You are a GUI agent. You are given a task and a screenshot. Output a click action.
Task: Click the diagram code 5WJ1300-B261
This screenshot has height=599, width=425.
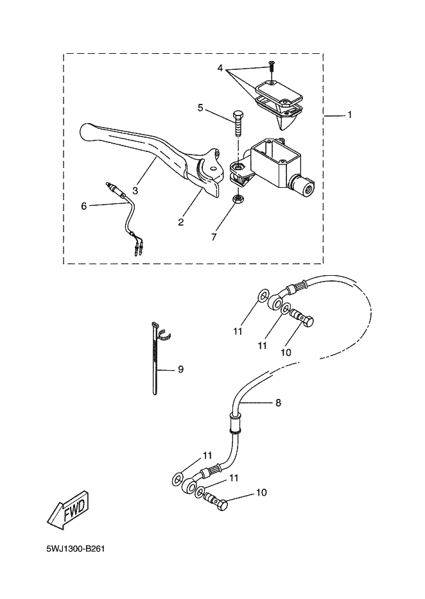[x=75, y=549]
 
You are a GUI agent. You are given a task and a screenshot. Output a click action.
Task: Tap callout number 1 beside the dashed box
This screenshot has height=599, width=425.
[x=349, y=115]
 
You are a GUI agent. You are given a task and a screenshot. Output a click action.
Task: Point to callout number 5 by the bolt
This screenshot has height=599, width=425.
[x=200, y=108]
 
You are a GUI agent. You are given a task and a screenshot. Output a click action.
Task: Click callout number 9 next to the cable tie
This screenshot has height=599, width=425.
[x=180, y=369]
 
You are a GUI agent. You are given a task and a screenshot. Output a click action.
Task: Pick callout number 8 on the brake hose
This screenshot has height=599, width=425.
[x=278, y=403]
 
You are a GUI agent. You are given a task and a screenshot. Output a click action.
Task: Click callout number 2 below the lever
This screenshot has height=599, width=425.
[x=181, y=221]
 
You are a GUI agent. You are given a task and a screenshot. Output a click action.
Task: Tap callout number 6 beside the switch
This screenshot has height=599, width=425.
[x=84, y=207]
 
